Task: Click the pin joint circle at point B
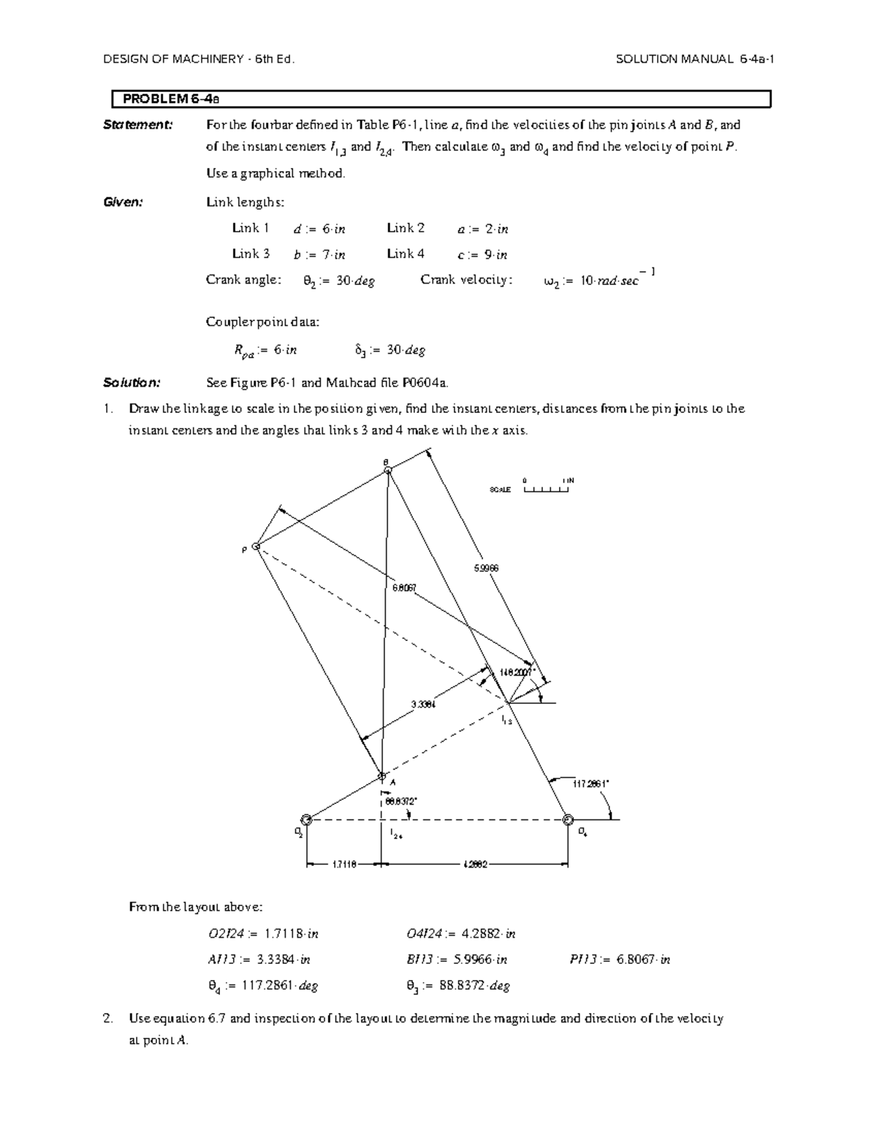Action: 388,471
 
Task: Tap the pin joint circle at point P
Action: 257,546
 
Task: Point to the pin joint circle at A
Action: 381,775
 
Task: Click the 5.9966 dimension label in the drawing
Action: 486,568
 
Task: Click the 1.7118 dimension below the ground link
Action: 343,865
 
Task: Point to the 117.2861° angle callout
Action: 591,783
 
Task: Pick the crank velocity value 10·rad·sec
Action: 598,280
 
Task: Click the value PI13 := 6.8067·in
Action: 620,960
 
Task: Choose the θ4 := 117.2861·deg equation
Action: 262,986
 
